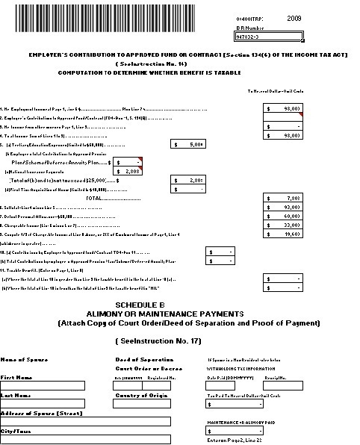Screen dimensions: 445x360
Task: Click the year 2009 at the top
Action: (295, 17)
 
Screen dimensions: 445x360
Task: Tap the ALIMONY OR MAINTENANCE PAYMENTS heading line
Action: (179, 314)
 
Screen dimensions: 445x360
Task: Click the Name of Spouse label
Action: (22, 360)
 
